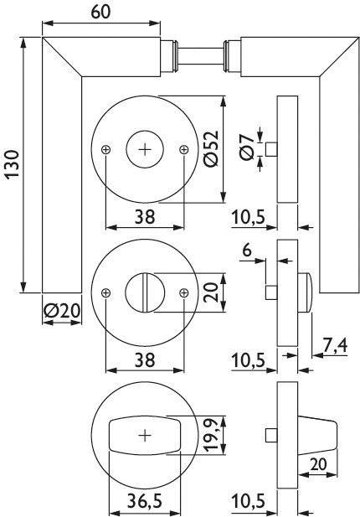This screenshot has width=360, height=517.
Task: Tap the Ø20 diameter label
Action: click(60, 310)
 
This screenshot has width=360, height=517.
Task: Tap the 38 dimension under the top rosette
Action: click(144, 216)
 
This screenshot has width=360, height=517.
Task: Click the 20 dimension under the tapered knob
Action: click(317, 464)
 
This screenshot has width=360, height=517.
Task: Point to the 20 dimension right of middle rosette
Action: click(210, 292)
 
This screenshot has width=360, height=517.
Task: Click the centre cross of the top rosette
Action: click(144, 149)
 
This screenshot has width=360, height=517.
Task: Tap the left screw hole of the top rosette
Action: click(105, 149)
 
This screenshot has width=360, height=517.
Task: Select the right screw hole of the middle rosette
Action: click(183, 292)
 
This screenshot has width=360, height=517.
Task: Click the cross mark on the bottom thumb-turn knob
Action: click(144, 435)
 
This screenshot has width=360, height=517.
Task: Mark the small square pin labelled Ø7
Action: click(271, 149)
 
